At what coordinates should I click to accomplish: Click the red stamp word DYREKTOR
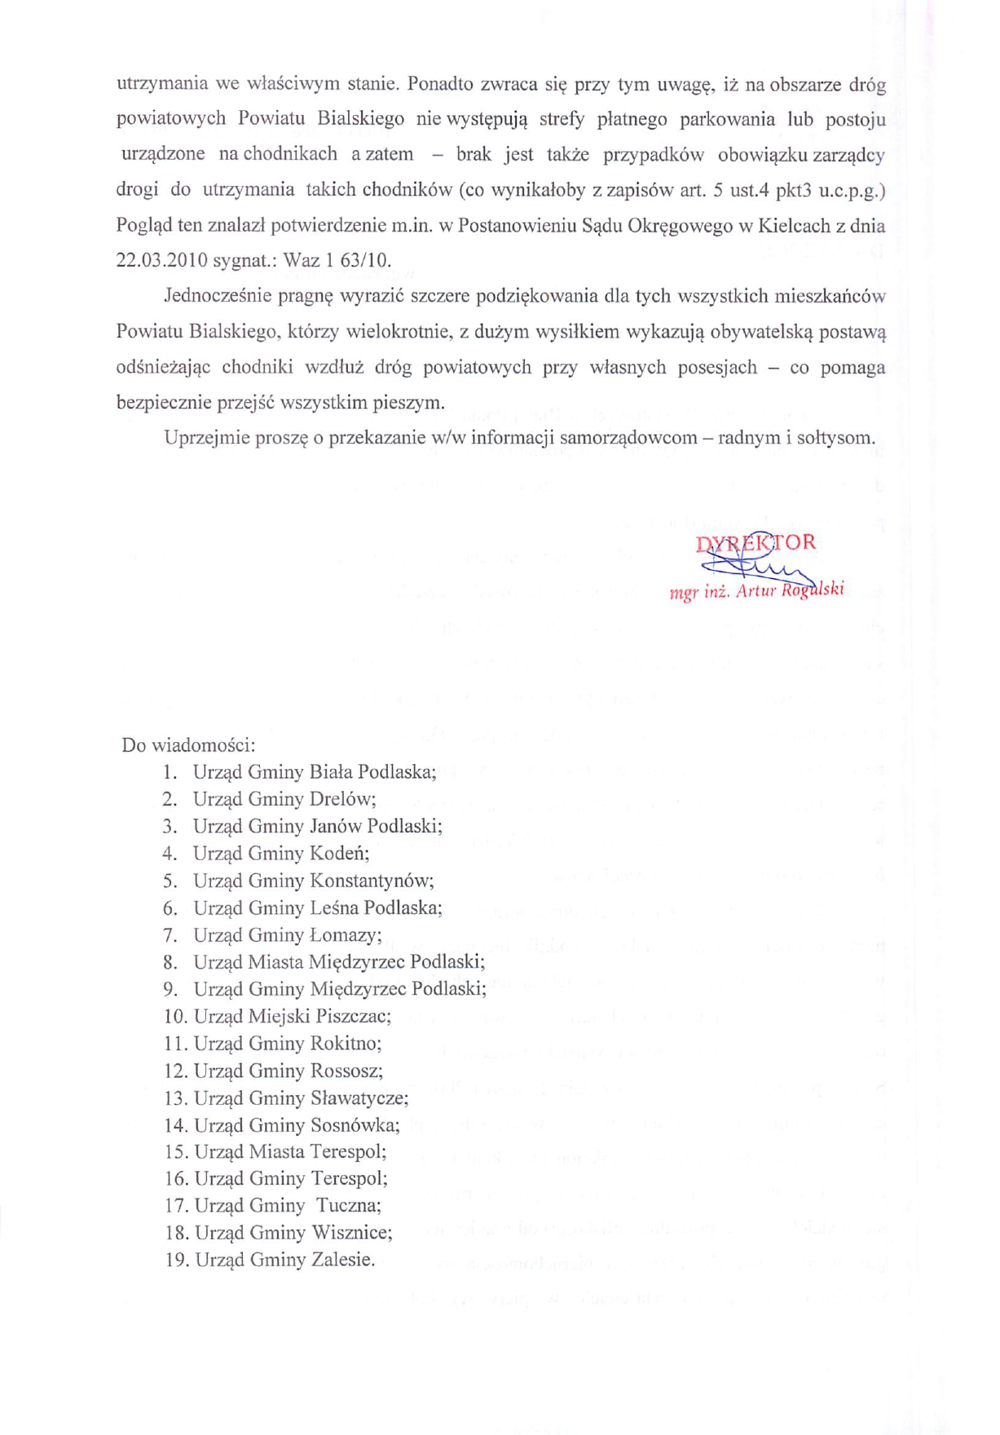[756, 543]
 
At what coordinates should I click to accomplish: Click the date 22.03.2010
[162, 261]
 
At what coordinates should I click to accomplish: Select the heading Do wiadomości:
[188, 745]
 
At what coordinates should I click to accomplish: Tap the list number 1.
[170, 772]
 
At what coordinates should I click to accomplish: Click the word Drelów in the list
[342, 799]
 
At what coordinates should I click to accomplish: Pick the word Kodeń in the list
[340, 854]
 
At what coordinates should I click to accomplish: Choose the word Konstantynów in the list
[372, 881]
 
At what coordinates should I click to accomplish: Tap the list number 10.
[175, 1017]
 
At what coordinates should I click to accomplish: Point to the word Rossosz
[346, 1071]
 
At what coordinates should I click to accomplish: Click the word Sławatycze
[359, 1098]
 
